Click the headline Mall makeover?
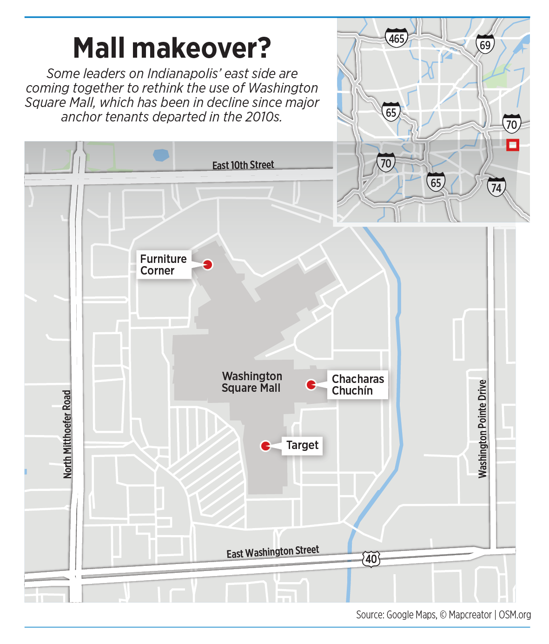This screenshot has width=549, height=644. coord(172,48)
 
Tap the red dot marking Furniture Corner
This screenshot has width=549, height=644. coord(208,264)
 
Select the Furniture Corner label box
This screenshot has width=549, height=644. coord(164,265)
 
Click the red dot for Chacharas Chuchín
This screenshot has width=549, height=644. coord(311,384)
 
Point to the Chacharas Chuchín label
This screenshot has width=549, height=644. coord(357,385)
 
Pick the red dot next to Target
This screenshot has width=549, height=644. coord(265,446)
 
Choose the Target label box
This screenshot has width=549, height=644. coord(302,445)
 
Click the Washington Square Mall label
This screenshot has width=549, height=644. coord(251,382)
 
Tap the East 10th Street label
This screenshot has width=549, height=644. coord(243,165)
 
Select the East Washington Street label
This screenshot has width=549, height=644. coord(273,552)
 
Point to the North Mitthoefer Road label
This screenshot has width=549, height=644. coord(67,434)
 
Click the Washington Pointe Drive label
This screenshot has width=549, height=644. coord(483,429)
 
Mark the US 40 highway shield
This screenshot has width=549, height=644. coord(371,559)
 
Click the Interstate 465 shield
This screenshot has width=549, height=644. coord(396,38)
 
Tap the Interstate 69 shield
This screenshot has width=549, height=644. coord(485,45)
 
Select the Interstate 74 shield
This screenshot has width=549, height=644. coord(496,187)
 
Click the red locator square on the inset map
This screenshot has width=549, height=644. coord(512,145)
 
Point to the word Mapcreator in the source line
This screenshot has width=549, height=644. coord(470,615)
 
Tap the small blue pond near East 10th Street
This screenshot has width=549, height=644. coord(161,155)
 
